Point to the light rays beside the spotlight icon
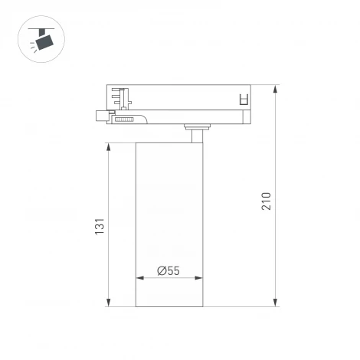click(x=34, y=46)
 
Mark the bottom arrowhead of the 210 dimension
click(x=275, y=304)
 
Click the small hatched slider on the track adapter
click(x=123, y=118)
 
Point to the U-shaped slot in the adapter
click(x=244, y=99)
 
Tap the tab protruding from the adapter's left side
click(x=100, y=116)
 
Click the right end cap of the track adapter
click(x=245, y=116)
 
